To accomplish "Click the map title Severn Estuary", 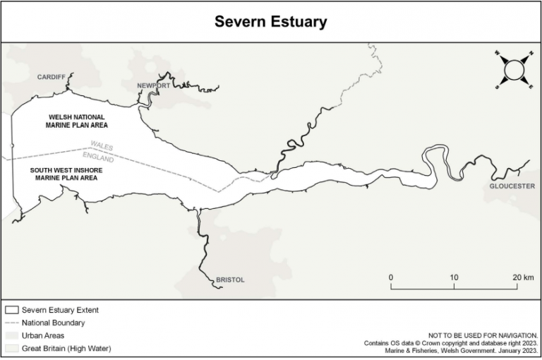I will tap(271, 22).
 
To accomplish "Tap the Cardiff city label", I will tap(52, 77).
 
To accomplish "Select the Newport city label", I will tap(154, 85).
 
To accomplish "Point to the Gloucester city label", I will tap(512, 186).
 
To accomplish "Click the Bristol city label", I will tap(230, 280).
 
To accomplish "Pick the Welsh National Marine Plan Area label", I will tap(77, 121).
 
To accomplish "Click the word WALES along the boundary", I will tap(102, 145).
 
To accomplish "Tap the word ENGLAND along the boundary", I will tap(98, 156).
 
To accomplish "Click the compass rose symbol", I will tap(514, 68).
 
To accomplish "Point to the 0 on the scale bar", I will tap(391, 277).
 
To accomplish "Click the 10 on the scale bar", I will tap(454, 277).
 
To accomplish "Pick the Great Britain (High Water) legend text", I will tap(66, 348).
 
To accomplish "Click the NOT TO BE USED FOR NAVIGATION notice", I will tap(483, 335).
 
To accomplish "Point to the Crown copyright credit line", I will tap(451, 342).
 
